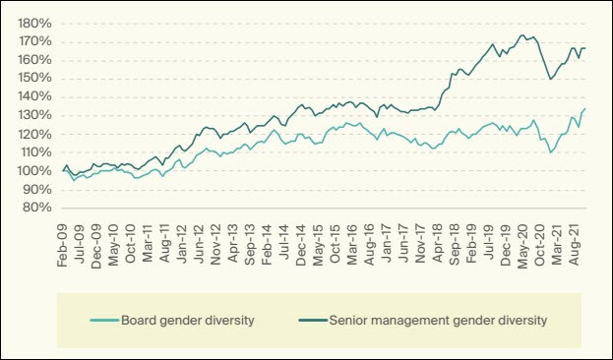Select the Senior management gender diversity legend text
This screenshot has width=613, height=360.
tap(438, 321)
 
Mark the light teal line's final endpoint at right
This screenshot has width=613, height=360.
tap(585, 108)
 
